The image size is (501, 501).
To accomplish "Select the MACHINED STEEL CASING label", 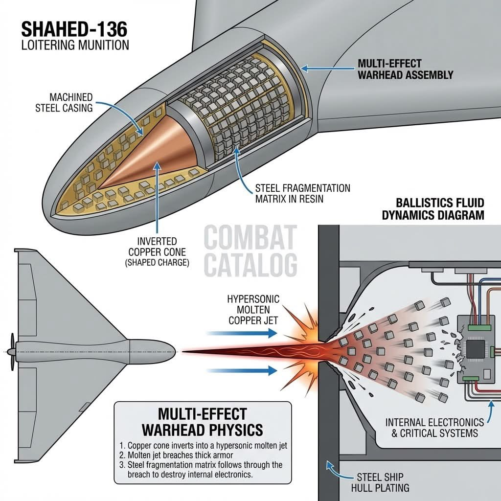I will tap(64, 101).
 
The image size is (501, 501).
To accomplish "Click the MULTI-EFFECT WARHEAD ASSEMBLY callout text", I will tap(406, 69).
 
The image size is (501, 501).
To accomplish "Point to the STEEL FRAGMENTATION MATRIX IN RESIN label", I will tap(303, 194).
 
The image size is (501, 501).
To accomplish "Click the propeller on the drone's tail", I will tap(11, 351).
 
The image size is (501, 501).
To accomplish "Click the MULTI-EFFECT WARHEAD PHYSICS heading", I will tap(202, 422).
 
